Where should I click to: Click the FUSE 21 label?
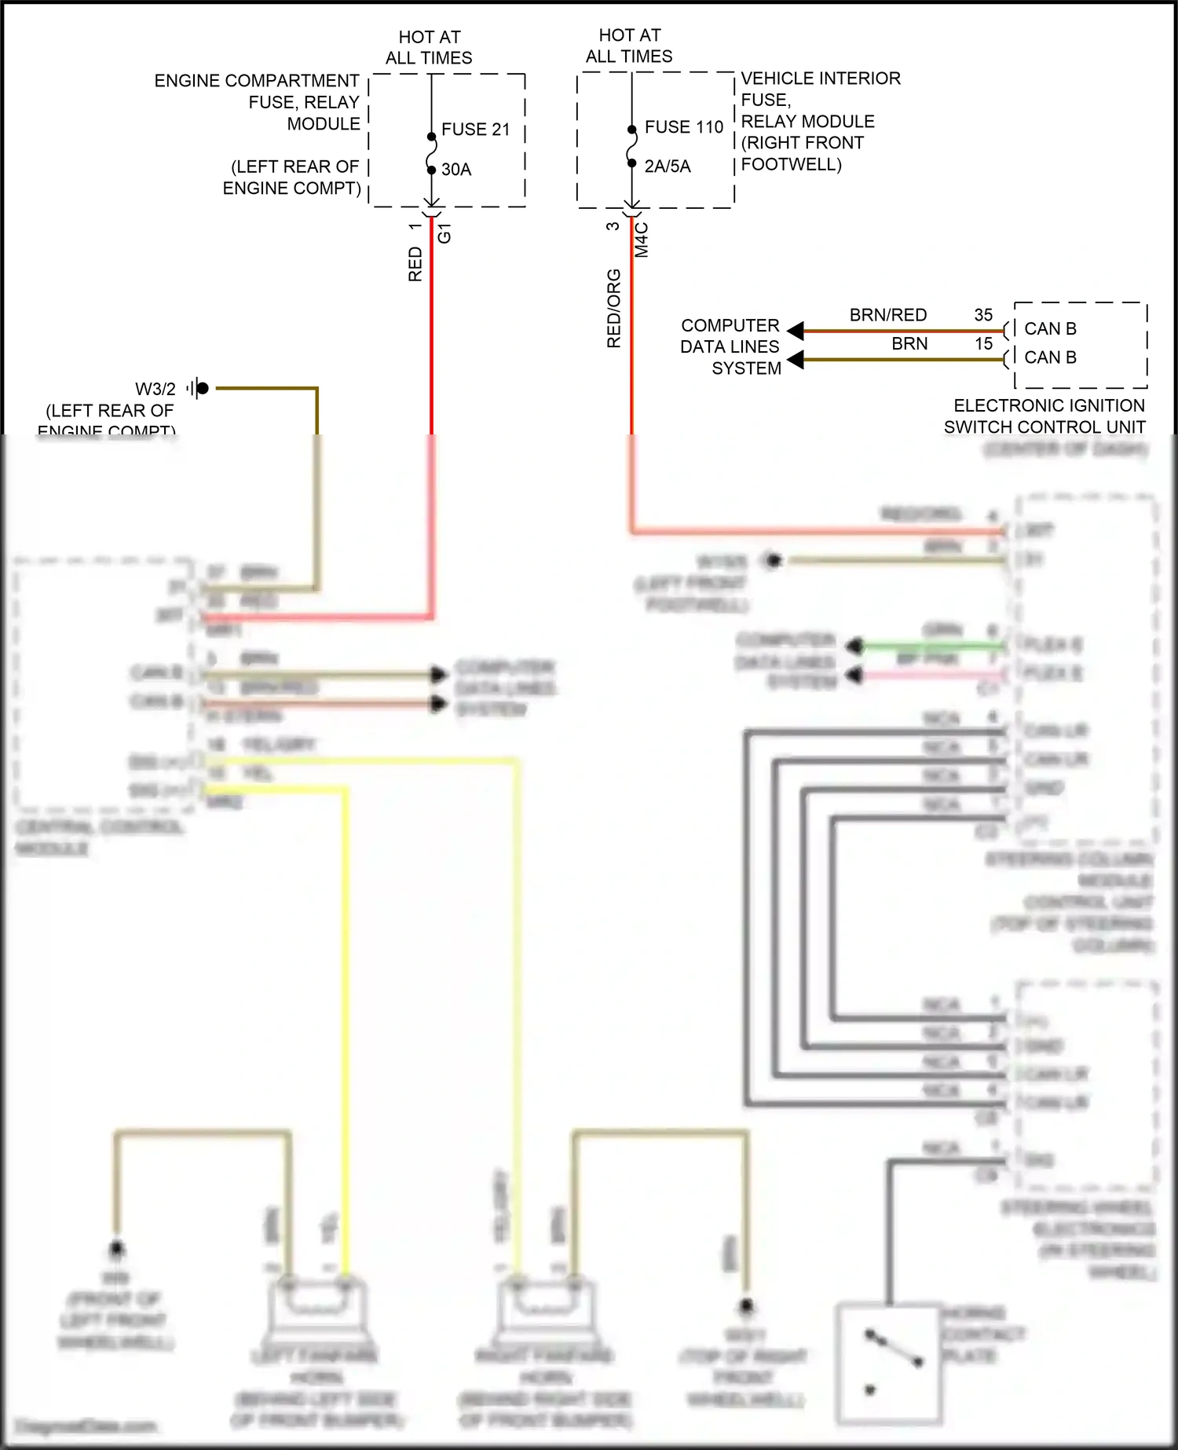(x=475, y=130)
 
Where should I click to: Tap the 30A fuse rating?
(x=456, y=170)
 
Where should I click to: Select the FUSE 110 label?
(x=683, y=127)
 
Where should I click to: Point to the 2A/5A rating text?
(x=668, y=167)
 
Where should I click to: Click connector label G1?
(x=444, y=233)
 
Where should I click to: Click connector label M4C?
(x=642, y=240)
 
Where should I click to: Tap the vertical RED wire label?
(x=415, y=264)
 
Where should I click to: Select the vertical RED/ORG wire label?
(x=614, y=309)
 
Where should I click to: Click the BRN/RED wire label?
(x=888, y=315)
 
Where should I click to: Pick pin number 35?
(x=983, y=315)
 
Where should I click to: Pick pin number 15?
(x=983, y=344)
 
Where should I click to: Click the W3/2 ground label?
(x=155, y=389)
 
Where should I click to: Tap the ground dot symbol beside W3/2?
(x=202, y=388)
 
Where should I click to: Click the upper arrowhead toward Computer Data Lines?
(x=796, y=331)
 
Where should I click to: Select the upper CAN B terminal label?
(x=1050, y=329)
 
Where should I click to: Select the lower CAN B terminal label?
(x=1050, y=357)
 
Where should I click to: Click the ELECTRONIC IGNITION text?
(x=1048, y=406)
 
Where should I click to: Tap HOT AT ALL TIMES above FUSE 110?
(x=629, y=46)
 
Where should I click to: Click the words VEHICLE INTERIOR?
(x=821, y=79)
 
